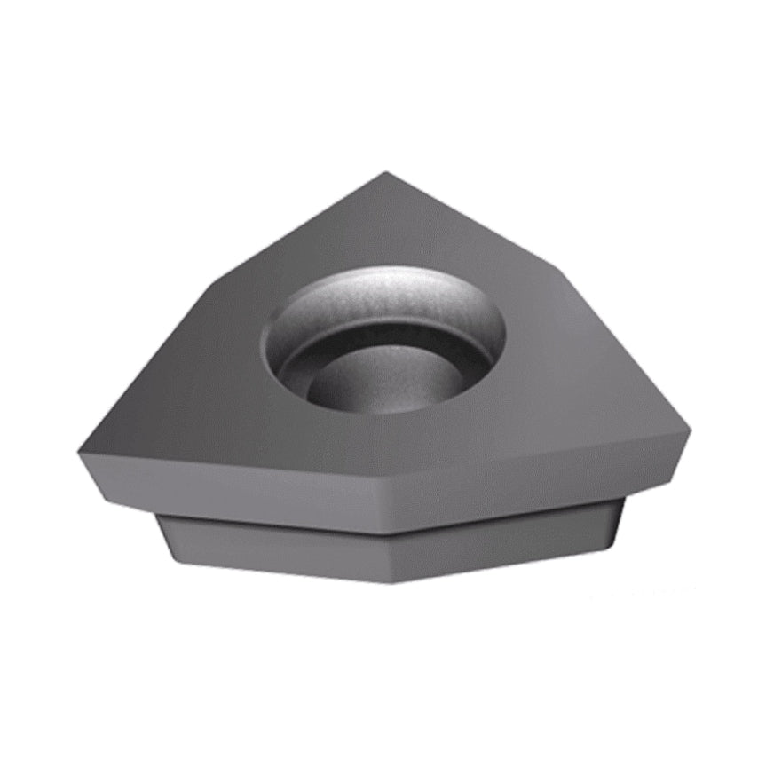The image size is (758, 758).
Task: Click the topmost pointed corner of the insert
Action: coord(386,173)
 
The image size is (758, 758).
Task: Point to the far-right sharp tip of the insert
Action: coord(690,430)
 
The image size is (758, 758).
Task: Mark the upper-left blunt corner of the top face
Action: coord(213,282)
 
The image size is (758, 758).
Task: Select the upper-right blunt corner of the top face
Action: coord(560,266)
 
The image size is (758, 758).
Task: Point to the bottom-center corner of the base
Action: coord(391,581)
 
